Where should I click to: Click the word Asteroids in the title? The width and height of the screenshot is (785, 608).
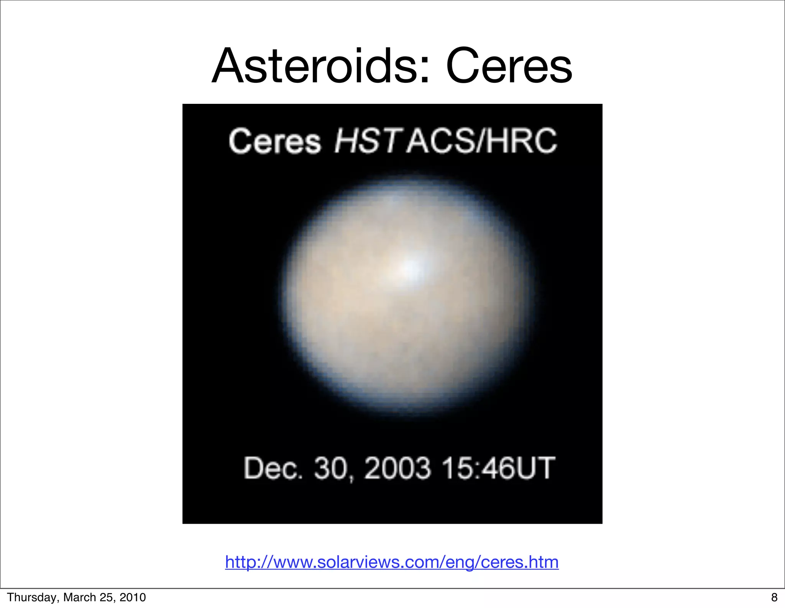314,66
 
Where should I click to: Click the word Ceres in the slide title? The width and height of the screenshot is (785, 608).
509,66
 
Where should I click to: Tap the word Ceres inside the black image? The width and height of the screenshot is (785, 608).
274,141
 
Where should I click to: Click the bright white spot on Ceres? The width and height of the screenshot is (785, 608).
412,267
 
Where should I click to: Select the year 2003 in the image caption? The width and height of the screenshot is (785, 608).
397,468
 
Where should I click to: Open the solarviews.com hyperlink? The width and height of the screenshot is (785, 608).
392,562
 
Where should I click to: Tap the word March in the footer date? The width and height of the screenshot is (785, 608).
80,597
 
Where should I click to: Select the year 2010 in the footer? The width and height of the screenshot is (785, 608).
133,597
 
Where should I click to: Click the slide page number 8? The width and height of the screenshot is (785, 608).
774,597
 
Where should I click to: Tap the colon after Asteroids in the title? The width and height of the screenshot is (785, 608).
424,71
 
